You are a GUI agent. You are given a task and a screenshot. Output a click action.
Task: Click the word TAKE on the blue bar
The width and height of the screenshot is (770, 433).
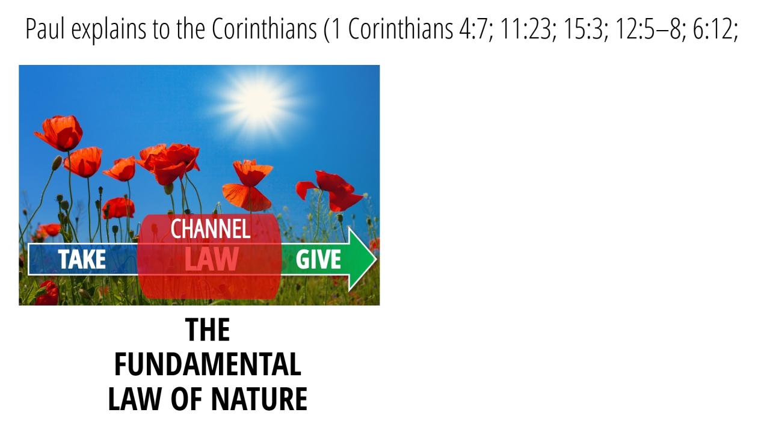point(82,259)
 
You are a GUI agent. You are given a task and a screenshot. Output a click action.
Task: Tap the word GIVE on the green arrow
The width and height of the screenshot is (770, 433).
point(318,259)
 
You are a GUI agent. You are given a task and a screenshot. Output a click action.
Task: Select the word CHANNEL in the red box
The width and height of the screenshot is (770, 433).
point(211,229)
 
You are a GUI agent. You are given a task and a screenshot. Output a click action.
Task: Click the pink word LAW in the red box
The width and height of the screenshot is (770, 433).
point(211,259)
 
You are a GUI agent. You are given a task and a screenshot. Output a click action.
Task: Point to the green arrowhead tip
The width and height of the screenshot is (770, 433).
point(377,259)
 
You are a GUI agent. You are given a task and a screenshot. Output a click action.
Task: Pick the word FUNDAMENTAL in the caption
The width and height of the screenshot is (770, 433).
point(208,364)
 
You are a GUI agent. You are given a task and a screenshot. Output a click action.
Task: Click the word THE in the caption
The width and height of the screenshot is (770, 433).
point(208,330)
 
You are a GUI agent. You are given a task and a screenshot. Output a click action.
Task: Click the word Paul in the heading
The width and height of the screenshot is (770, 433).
point(45,29)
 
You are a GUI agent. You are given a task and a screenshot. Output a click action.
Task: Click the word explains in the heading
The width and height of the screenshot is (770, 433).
point(109,30)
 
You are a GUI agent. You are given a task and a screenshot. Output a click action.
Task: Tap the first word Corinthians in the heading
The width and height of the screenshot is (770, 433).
point(264,29)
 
